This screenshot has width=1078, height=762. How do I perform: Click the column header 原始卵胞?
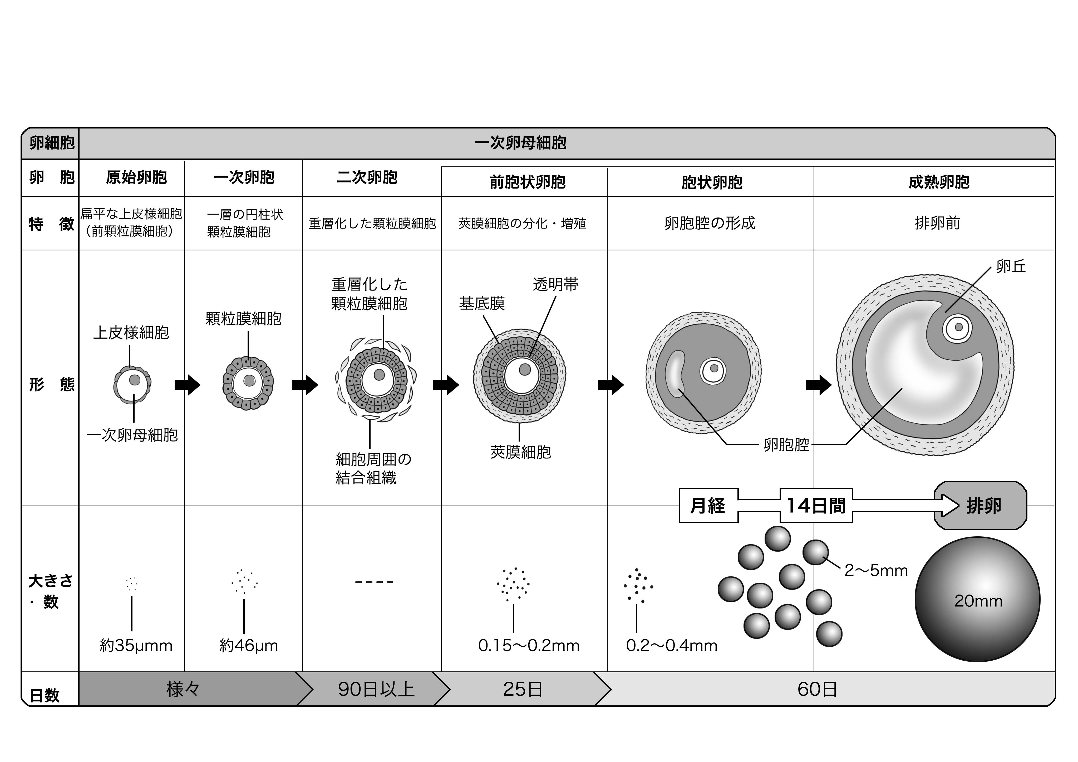(x=136, y=177)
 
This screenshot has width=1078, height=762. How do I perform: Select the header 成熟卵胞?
(x=939, y=182)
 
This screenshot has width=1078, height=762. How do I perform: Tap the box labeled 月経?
(x=708, y=506)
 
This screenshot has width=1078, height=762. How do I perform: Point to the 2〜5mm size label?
(x=876, y=570)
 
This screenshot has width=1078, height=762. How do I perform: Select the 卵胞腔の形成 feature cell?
(x=710, y=223)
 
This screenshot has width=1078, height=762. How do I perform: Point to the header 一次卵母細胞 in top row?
(x=520, y=143)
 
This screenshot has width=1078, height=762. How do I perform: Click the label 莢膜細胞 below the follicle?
(x=520, y=452)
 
